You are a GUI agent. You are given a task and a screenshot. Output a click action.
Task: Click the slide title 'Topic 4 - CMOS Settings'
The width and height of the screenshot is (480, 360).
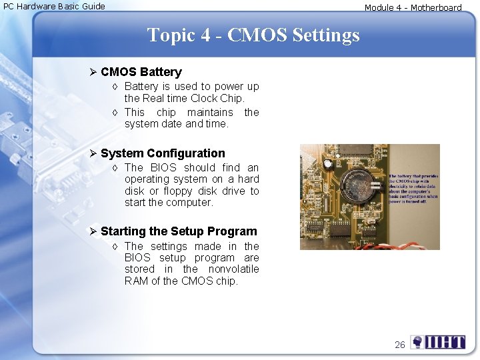coord(253,35)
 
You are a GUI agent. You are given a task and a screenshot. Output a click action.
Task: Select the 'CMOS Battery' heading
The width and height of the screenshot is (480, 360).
coord(141,72)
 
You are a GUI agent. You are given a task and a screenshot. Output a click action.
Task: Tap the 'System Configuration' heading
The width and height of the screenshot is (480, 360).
coord(163,153)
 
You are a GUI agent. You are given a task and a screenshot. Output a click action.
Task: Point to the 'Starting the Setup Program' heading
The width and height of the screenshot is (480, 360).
coord(178,231)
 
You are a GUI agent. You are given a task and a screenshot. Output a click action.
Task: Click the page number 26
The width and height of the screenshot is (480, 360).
coord(399,345)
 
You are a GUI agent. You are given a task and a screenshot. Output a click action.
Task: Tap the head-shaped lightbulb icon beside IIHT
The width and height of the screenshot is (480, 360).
coord(417,343)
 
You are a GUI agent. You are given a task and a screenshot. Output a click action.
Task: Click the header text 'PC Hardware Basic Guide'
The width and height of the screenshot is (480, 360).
coord(54,6)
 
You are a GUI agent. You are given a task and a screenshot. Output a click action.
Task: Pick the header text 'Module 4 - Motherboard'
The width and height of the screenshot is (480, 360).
coord(413,8)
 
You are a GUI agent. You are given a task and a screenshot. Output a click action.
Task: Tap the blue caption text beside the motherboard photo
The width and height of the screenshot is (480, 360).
coord(413,189)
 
